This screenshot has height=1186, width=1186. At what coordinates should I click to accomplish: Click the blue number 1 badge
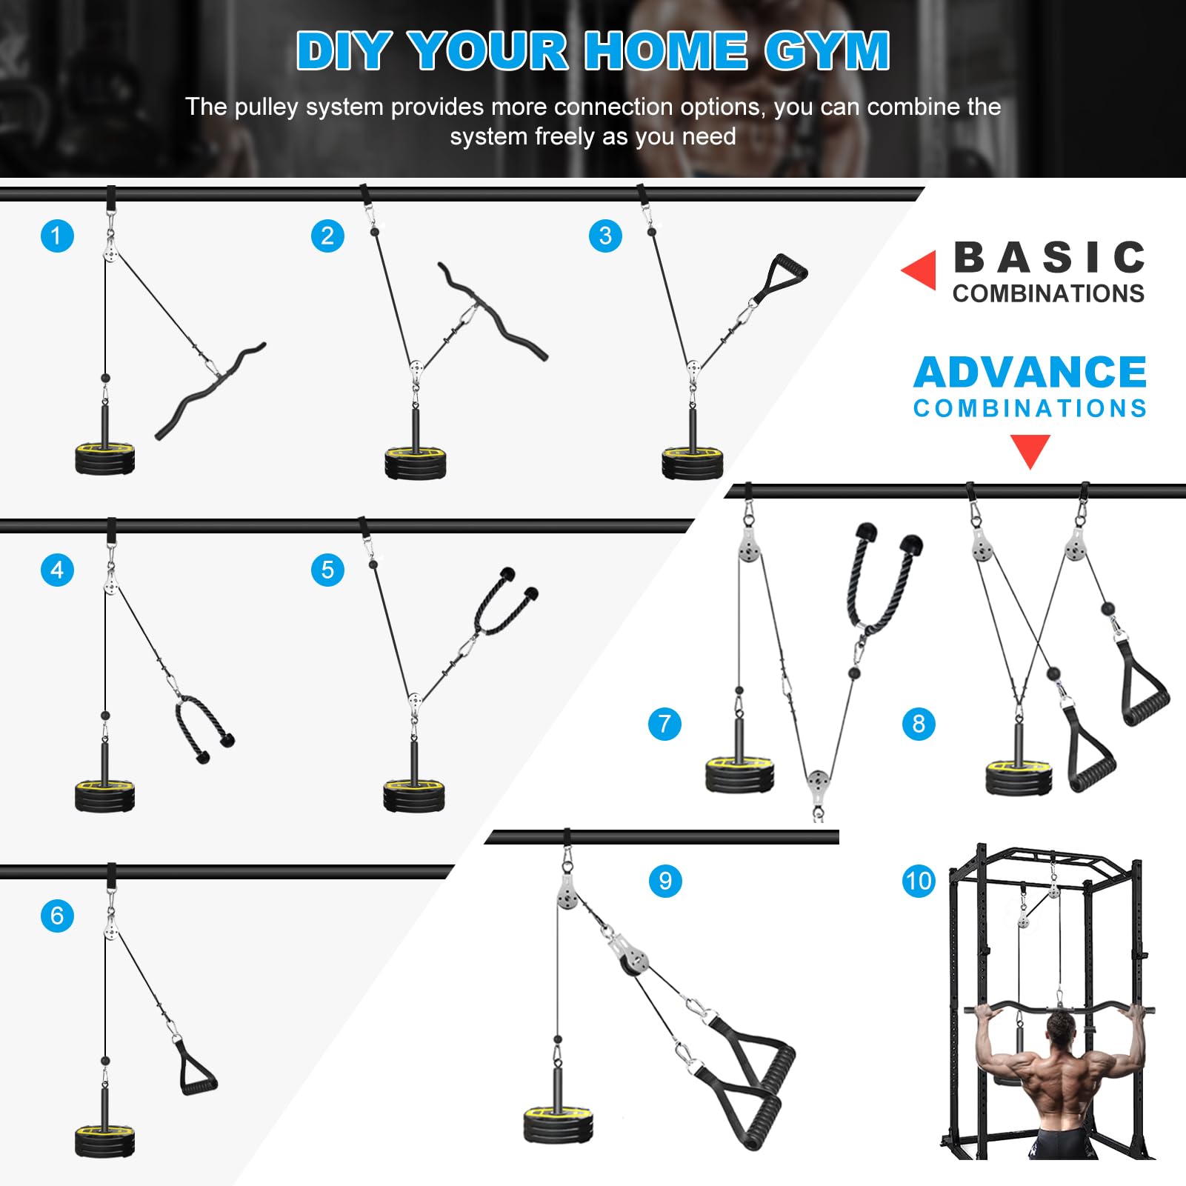57,236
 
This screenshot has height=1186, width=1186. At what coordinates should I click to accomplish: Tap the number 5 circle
327,570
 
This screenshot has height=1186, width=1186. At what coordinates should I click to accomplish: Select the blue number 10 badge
919,881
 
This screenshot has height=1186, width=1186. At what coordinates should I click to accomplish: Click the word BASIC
1049,258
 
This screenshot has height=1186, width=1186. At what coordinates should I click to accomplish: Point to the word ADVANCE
1030,372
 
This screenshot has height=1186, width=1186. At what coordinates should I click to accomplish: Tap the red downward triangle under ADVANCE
1030,450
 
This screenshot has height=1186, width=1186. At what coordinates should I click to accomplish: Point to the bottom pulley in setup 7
818,783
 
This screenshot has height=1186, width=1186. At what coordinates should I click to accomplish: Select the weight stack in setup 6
105,1141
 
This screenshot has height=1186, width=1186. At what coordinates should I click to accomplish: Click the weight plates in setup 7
739,775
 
